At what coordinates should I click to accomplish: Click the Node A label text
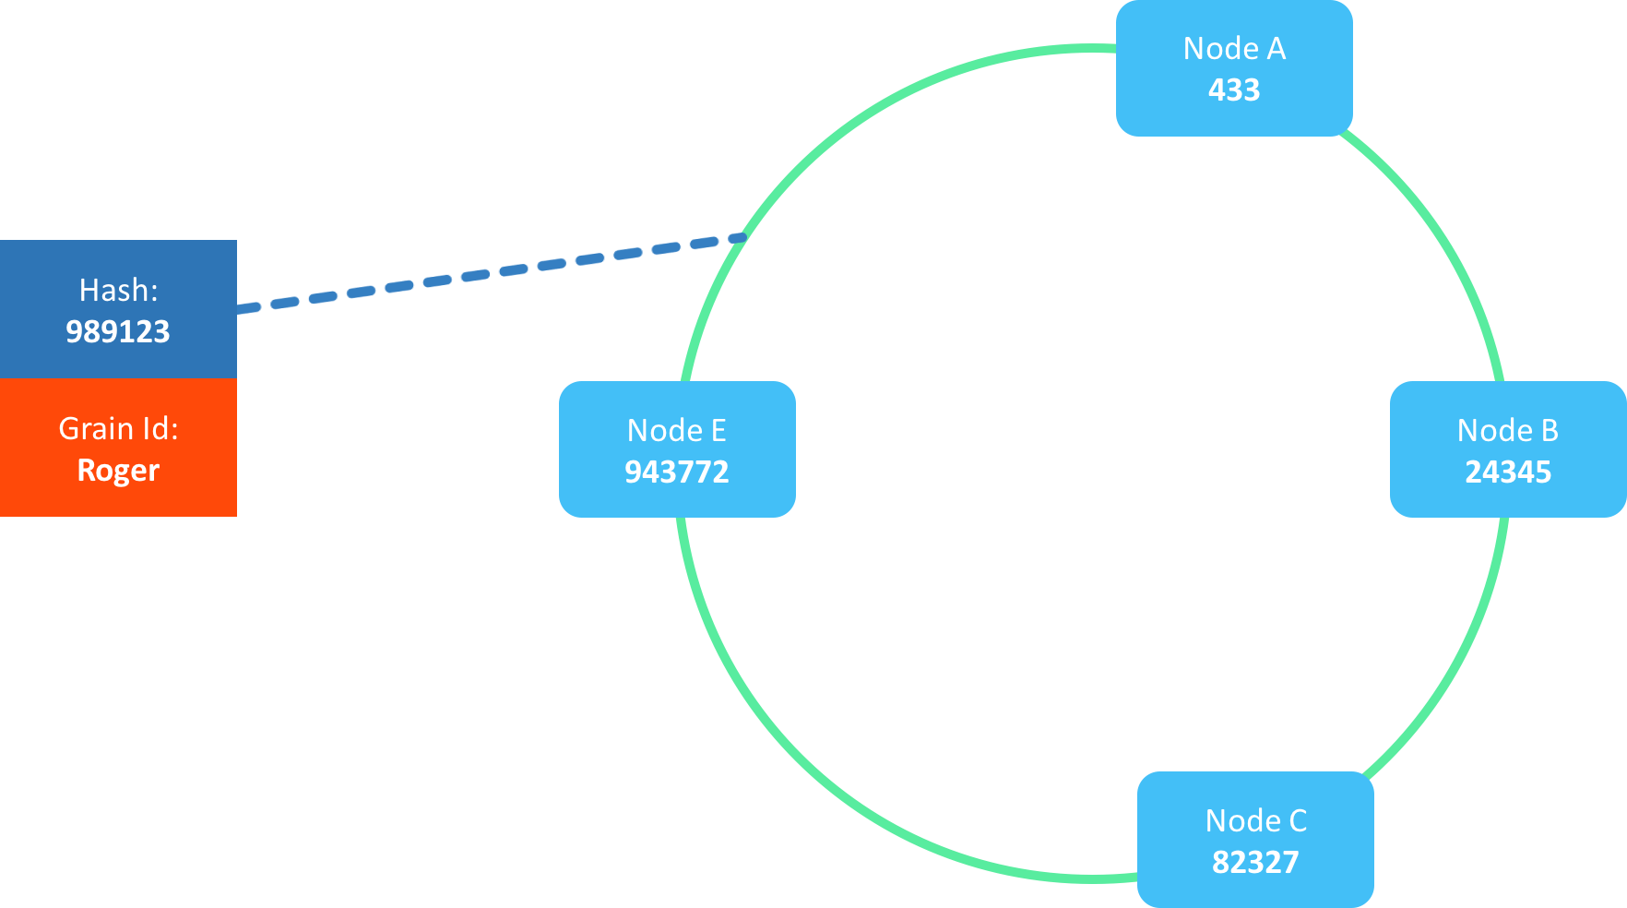[x=1234, y=48]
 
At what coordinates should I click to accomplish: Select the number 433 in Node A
[x=1234, y=90]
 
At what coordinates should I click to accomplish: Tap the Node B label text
[x=1507, y=430]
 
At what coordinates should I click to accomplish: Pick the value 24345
[x=1508, y=472]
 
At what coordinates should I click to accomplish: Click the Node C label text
[x=1255, y=820]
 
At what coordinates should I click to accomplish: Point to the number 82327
[x=1255, y=862]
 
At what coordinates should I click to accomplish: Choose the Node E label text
[x=676, y=430]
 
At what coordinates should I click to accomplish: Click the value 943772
[x=676, y=472]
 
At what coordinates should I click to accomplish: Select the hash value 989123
[x=118, y=331]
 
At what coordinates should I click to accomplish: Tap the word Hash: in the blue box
[x=118, y=290]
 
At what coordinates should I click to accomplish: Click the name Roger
[x=118, y=470]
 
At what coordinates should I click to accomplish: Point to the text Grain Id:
[x=118, y=428]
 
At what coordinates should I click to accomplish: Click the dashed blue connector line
[x=489, y=273]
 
